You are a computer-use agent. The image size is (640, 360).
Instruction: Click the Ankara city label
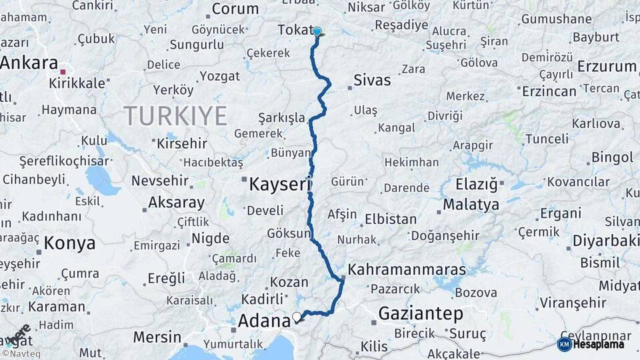(x=29, y=63)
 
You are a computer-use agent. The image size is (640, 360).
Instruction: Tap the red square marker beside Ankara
(x=63, y=71)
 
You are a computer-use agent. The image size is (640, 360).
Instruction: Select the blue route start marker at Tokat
(x=317, y=31)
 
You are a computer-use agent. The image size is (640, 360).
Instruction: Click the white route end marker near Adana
(x=297, y=317)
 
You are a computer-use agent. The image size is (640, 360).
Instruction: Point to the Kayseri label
(x=280, y=185)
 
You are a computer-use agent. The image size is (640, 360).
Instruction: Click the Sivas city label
(x=372, y=81)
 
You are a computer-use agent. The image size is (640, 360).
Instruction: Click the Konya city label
(x=69, y=243)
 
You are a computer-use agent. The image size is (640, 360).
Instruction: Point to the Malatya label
(x=471, y=205)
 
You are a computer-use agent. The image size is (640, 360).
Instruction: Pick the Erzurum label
(x=607, y=67)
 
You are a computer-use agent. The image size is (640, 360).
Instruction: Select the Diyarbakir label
(x=601, y=241)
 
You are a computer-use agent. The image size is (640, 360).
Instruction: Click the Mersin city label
(x=157, y=336)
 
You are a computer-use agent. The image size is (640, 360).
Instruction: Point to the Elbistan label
(x=391, y=219)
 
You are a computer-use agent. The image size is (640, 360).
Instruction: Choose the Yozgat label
(x=219, y=76)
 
